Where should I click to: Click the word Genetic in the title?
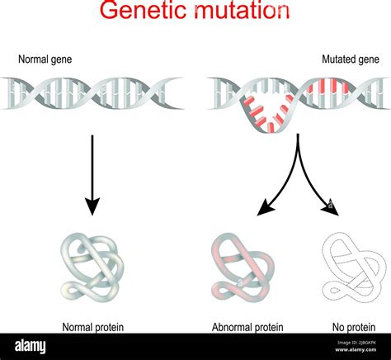point(138,12)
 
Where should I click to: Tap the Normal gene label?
point(44,59)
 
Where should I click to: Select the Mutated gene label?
point(350,59)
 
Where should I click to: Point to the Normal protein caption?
point(92,327)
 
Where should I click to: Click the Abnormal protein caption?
point(247,327)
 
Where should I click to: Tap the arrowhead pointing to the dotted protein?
point(332,211)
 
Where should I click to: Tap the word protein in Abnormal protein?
point(266,327)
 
